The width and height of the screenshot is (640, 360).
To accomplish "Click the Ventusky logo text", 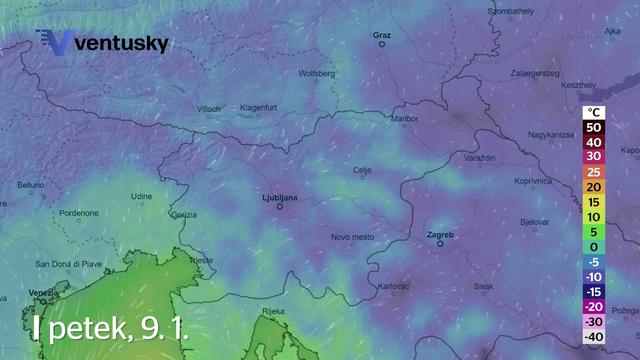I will click(x=121, y=44).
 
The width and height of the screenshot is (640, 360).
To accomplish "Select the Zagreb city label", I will click(x=439, y=235).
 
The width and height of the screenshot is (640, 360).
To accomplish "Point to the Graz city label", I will click(x=381, y=35).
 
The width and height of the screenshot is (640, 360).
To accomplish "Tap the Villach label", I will click(x=208, y=108).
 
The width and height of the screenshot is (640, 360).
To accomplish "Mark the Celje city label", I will click(x=363, y=170).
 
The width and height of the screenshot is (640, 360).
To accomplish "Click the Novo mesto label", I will click(x=352, y=237).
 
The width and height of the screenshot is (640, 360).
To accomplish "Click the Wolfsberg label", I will click(x=317, y=73).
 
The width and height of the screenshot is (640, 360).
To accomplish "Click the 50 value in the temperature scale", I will click(x=594, y=127).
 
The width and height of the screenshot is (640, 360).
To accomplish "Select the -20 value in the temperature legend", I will click(x=594, y=306).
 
